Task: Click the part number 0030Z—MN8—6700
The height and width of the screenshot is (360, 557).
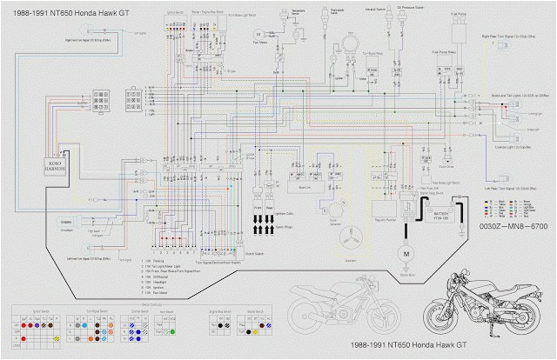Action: [513, 225]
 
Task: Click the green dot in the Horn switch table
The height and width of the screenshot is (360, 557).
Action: [173, 331]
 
